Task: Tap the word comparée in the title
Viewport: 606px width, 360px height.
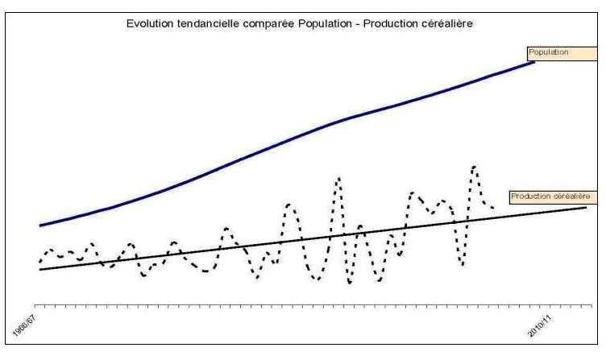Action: pyautogui.click(x=264, y=23)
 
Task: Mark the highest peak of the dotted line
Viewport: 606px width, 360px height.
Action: pyautogui.click(x=474, y=167)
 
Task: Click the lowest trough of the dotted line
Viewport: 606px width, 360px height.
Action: pyautogui.click(x=349, y=283)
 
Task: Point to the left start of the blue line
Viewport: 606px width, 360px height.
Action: pyautogui.click(x=39, y=226)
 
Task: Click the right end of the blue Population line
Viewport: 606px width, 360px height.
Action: pyautogui.click(x=535, y=61)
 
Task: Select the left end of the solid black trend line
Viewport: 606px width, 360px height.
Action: pyautogui.click(x=39, y=269)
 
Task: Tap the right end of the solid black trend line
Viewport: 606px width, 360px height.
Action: pyautogui.click(x=587, y=208)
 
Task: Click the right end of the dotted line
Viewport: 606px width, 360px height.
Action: pyautogui.click(x=492, y=207)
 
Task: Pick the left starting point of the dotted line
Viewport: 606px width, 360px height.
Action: pyautogui.click(x=39, y=262)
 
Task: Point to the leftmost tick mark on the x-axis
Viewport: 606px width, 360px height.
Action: pyautogui.click(x=39, y=307)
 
